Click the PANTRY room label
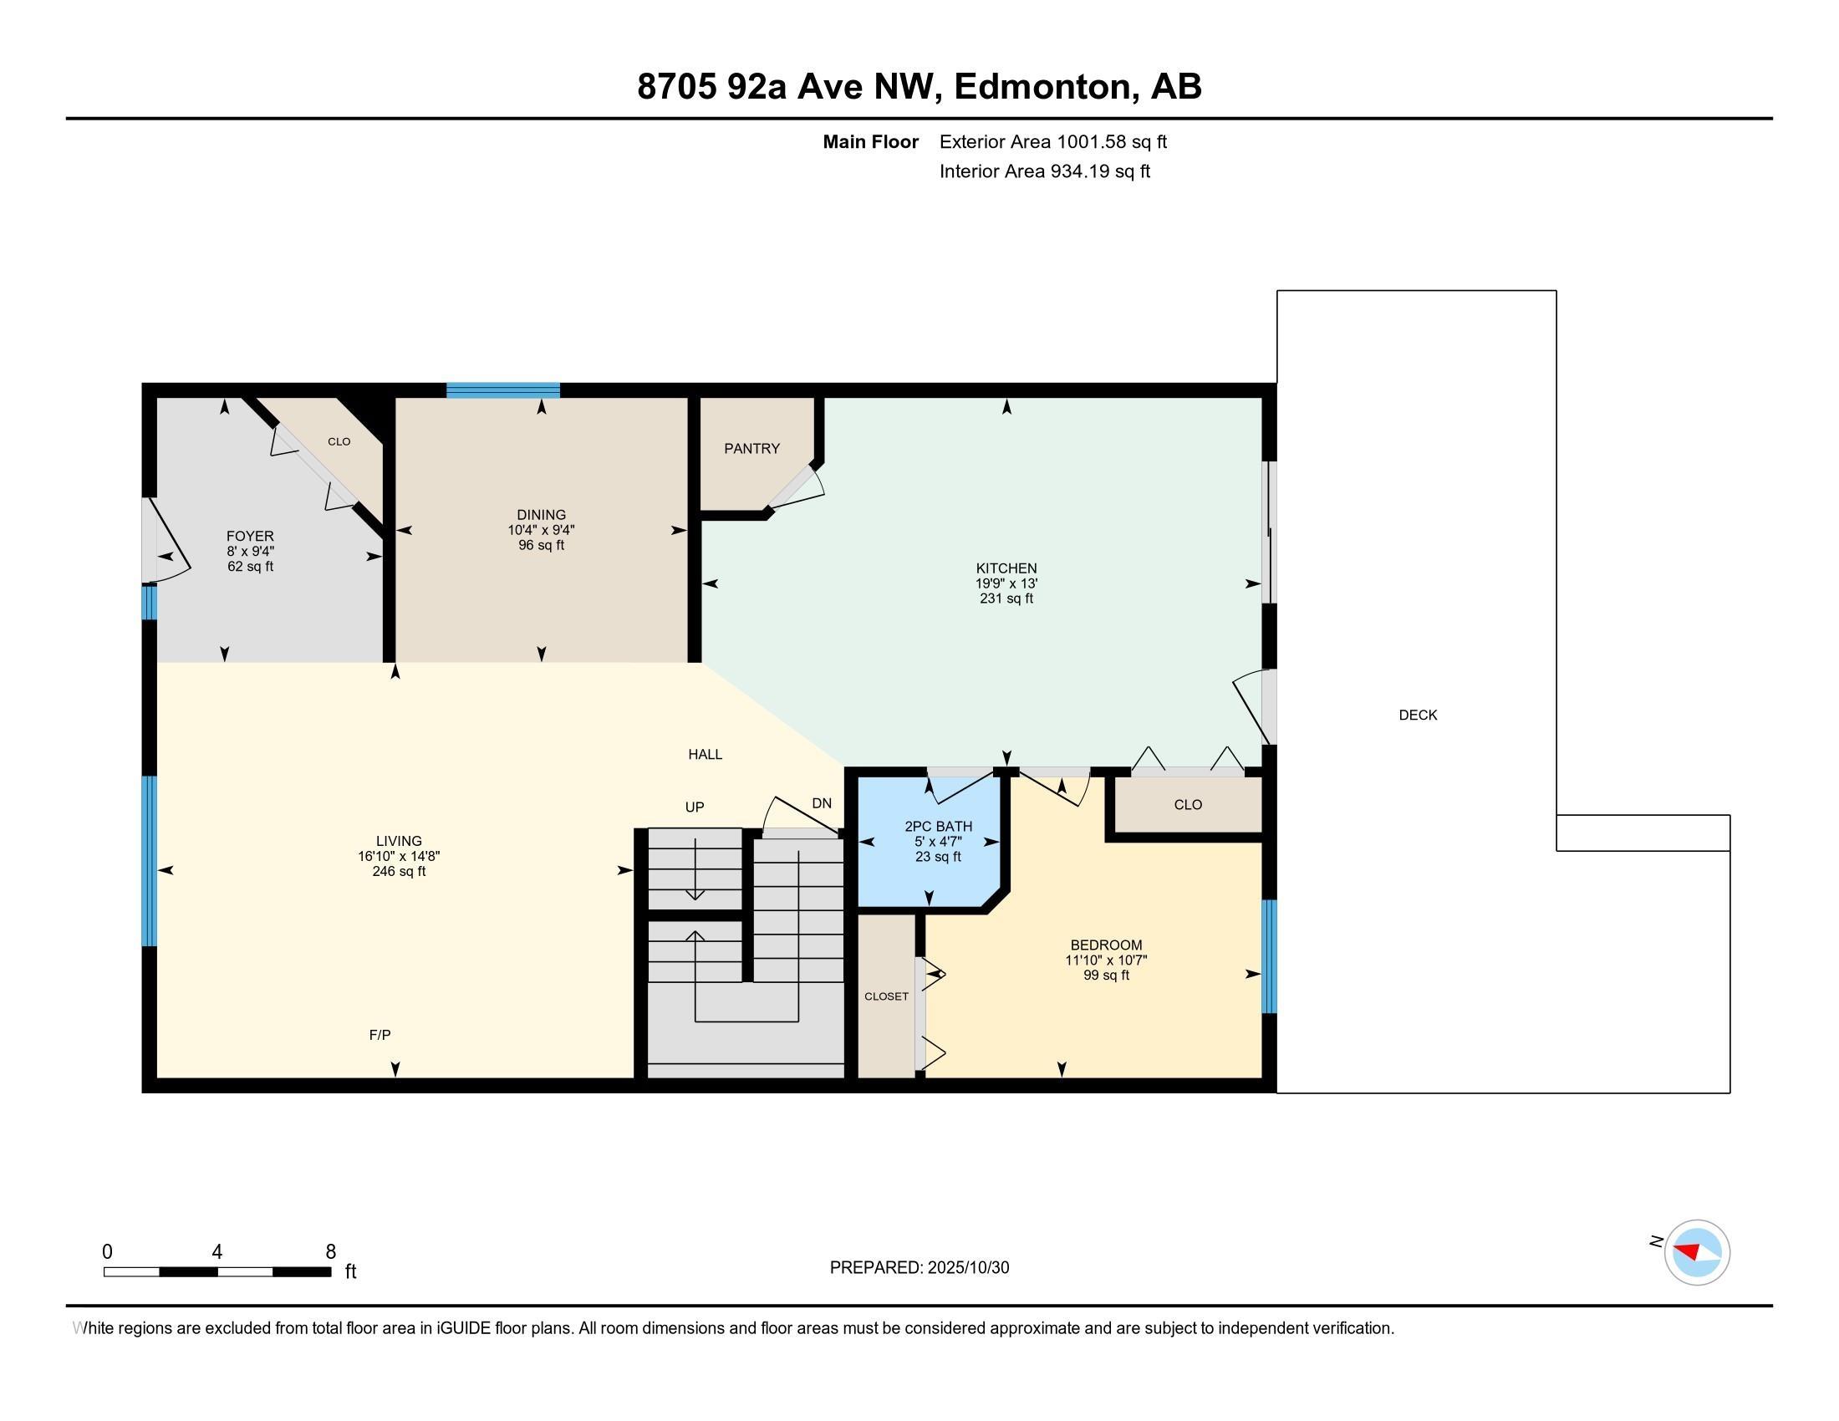[x=752, y=449]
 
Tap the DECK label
[x=1418, y=715]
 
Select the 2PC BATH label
[x=938, y=827]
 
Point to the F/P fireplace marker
[x=380, y=1035]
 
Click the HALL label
[x=705, y=754]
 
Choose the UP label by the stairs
[x=694, y=807]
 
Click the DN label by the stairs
[x=821, y=803]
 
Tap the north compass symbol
[x=1696, y=1252]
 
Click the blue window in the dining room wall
[x=502, y=390]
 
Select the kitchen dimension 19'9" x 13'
[x=1006, y=583]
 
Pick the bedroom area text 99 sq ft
[x=1106, y=975]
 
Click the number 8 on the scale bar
[x=331, y=1252]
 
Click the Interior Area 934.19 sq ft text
[x=1044, y=171]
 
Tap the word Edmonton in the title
[x=1042, y=87]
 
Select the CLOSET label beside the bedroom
[x=886, y=996]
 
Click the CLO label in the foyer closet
[x=339, y=441]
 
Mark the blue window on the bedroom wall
[x=1269, y=956]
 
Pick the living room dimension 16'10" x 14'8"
[x=398, y=856]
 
